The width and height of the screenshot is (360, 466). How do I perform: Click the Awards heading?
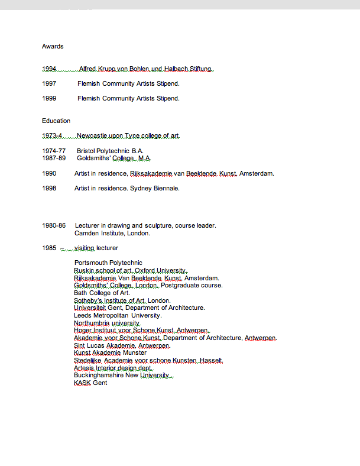(x=53, y=46)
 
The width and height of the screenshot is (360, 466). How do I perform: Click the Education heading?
(x=56, y=121)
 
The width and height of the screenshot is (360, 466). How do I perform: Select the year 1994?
(x=49, y=69)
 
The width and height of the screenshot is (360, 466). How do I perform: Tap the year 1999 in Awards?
(x=49, y=98)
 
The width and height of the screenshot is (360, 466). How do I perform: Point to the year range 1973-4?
(x=52, y=135)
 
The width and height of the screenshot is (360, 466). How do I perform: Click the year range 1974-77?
(x=54, y=151)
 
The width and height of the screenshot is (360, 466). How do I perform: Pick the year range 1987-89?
(x=54, y=158)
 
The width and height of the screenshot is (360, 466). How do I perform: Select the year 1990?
(x=49, y=173)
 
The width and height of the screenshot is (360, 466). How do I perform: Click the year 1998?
(x=49, y=188)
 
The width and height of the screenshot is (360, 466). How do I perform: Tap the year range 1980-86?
(x=54, y=225)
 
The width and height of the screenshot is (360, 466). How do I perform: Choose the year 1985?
(x=49, y=248)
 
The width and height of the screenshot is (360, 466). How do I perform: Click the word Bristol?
(x=86, y=151)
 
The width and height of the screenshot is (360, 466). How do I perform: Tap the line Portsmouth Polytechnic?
(x=108, y=263)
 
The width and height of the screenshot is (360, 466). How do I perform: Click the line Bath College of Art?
(x=102, y=293)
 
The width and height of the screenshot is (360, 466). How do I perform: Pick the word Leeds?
(x=83, y=315)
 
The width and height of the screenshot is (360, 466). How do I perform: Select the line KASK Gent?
(x=90, y=383)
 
